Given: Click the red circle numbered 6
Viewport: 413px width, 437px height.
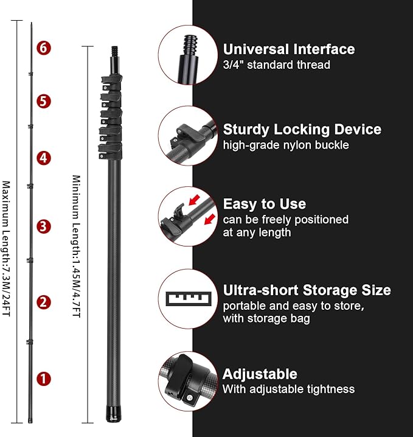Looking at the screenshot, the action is pos(44,48).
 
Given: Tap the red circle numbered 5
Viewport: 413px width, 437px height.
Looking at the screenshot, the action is pos(44,101).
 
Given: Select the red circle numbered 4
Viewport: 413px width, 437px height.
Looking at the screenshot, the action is pos(44,158).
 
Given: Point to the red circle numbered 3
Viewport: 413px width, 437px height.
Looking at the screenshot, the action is pos(44,226).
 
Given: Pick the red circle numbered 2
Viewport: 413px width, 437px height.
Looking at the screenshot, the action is pos(44,302).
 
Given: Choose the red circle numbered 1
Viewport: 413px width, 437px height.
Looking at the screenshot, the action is pos(44,379).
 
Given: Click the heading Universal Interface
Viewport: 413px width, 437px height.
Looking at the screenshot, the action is pos(289,49).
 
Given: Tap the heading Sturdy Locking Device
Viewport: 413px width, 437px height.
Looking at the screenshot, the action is pos(302,130).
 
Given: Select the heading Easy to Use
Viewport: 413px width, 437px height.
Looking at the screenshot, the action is pos(265,205).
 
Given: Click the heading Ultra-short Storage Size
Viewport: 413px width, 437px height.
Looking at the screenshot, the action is pos(307,290).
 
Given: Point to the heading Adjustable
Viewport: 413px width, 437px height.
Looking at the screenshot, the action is pos(260,374).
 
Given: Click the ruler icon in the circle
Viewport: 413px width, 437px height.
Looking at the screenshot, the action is pos(189,299).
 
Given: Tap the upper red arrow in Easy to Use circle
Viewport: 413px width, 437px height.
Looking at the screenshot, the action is pos(195,200).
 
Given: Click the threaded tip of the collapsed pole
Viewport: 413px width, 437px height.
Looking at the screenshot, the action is pos(114,51).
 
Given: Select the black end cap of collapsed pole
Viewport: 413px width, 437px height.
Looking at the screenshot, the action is pos(114,414).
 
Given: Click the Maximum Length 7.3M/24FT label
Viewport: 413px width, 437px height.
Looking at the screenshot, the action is pos(6,248).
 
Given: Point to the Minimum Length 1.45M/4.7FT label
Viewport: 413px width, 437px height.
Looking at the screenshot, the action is pos(76,246).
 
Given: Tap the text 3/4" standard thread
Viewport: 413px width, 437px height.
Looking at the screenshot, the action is pos(277,65).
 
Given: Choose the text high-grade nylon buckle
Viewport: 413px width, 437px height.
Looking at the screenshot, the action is pos(286,145).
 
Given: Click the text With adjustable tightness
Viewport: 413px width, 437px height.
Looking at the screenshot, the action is pos(288,389).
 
